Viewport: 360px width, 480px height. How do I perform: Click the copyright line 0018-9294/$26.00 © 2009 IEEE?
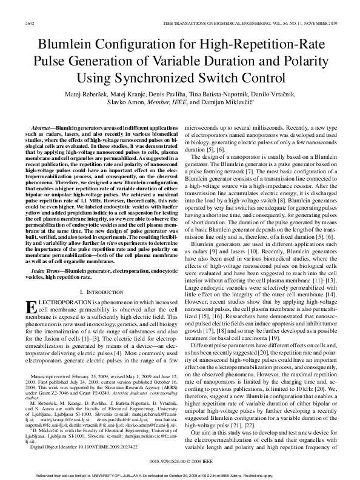179,461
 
